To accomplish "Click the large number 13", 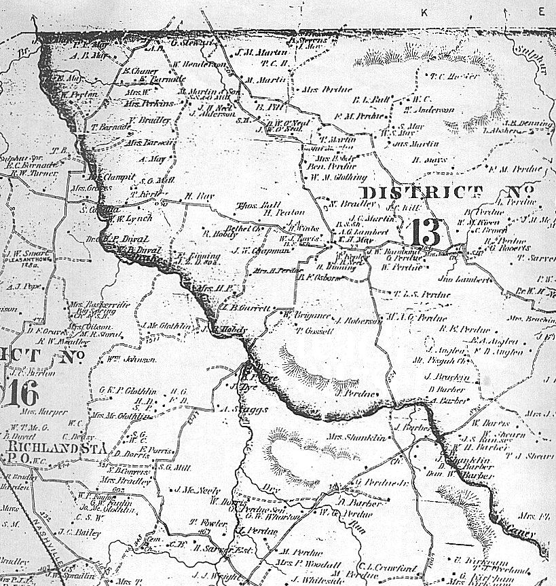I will pyautogui.click(x=426, y=233).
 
